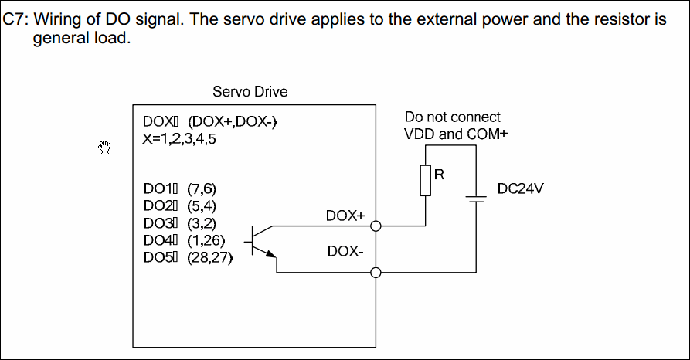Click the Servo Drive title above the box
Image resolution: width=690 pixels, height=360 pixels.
pos(250,92)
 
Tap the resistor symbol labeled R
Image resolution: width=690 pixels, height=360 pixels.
pos(424,182)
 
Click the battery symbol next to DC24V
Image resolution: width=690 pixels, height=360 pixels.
pos(477,199)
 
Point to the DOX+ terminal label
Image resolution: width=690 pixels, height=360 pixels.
pos(345,216)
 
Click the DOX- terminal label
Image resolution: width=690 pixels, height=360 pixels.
pos(345,251)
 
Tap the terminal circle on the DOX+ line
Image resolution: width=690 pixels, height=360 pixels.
pos(376,226)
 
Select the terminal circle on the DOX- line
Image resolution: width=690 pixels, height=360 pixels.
pos(376,272)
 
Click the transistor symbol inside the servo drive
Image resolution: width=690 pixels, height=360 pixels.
pos(260,241)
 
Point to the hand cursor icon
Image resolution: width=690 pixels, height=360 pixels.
pos(105,146)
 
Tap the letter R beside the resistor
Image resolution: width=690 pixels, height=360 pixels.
pos(438,174)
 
